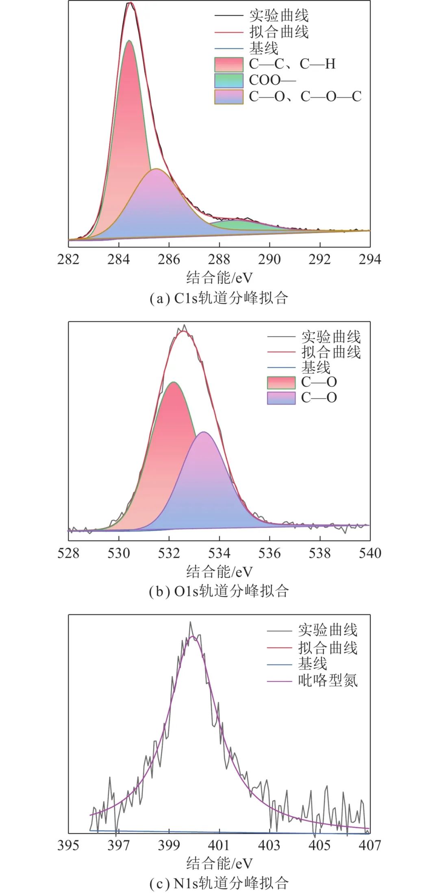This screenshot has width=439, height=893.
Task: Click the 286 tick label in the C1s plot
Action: (x=169, y=259)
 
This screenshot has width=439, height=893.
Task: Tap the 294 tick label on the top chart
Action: (x=369, y=259)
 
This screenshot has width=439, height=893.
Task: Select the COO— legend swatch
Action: (x=228, y=80)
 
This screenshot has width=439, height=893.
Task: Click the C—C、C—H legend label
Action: (x=292, y=64)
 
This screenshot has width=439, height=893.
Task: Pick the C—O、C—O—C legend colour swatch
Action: (x=228, y=97)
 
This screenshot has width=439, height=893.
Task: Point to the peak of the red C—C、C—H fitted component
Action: (x=130, y=41)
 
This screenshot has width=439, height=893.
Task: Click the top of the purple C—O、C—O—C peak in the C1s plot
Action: (x=156, y=169)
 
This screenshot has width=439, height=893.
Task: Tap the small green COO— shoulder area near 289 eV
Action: (x=236, y=225)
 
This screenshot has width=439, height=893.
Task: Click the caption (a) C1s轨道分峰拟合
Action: (x=219, y=298)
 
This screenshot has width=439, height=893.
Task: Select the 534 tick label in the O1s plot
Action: (x=219, y=553)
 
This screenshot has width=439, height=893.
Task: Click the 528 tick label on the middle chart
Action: (x=68, y=553)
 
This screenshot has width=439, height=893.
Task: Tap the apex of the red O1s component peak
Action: (x=174, y=383)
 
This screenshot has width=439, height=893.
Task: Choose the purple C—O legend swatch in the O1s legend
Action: (x=281, y=398)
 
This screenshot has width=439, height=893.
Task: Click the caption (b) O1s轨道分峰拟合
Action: (x=219, y=591)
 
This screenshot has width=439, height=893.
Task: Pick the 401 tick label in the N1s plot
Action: (x=219, y=845)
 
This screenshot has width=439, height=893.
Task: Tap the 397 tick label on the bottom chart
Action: (x=118, y=845)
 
